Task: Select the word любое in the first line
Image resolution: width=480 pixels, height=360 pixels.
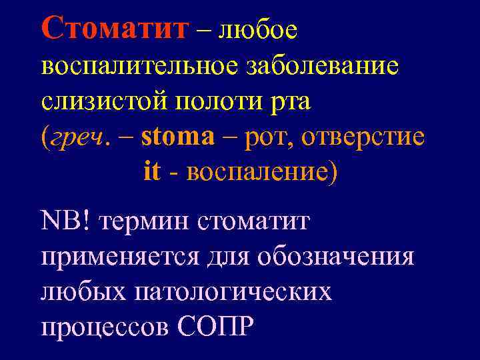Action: click(257, 29)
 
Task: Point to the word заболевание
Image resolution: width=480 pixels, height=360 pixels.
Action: click(323, 67)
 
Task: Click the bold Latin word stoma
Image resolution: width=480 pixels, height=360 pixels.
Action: click(178, 136)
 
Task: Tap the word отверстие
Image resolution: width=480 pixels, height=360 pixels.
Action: click(363, 137)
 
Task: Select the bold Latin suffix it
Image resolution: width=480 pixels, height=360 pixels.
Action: click(152, 171)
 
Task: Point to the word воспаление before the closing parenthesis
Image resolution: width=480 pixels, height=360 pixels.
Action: click(257, 172)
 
